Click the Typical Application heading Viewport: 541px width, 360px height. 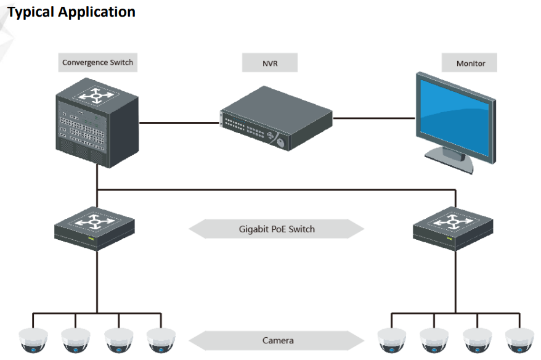click(71, 12)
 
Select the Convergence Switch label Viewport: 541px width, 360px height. click(97, 62)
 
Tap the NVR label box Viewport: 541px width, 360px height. click(270, 63)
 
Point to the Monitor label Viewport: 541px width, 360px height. click(470, 63)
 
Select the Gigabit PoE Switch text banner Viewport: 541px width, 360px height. click(277, 229)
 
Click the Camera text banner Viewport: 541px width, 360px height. click(277, 340)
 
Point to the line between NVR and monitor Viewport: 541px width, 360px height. click(373, 117)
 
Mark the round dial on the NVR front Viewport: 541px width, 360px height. click(281, 142)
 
